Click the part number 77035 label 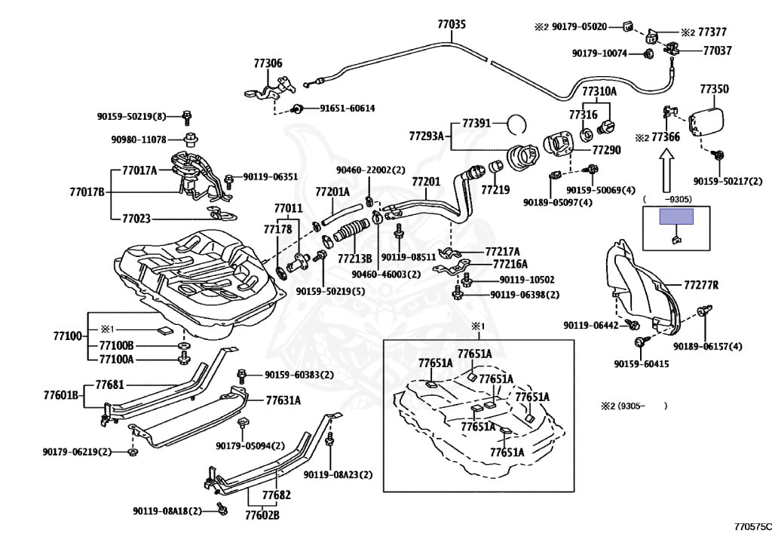pyautogui.click(x=452, y=23)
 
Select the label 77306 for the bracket pyautogui.click(x=268, y=63)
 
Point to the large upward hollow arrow pyautogui.click(x=666, y=171)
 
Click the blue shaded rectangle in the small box pyautogui.click(x=676, y=216)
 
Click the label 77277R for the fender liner pyautogui.click(x=701, y=285)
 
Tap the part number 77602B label pyautogui.click(x=262, y=515)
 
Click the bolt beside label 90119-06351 pyautogui.click(x=229, y=180)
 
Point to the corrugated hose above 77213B pyautogui.click(x=351, y=231)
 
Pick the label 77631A pyautogui.click(x=283, y=400)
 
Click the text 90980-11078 pyautogui.click(x=139, y=139)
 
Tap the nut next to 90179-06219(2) pyautogui.click(x=132, y=452)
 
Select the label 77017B pyautogui.click(x=87, y=191)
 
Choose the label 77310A pyautogui.click(x=599, y=91)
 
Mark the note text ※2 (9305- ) pyautogui.click(x=633, y=406)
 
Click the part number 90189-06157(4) pyautogui.click(x=707, y=347)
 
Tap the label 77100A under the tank pyautogui.click(x=116, y=360)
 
